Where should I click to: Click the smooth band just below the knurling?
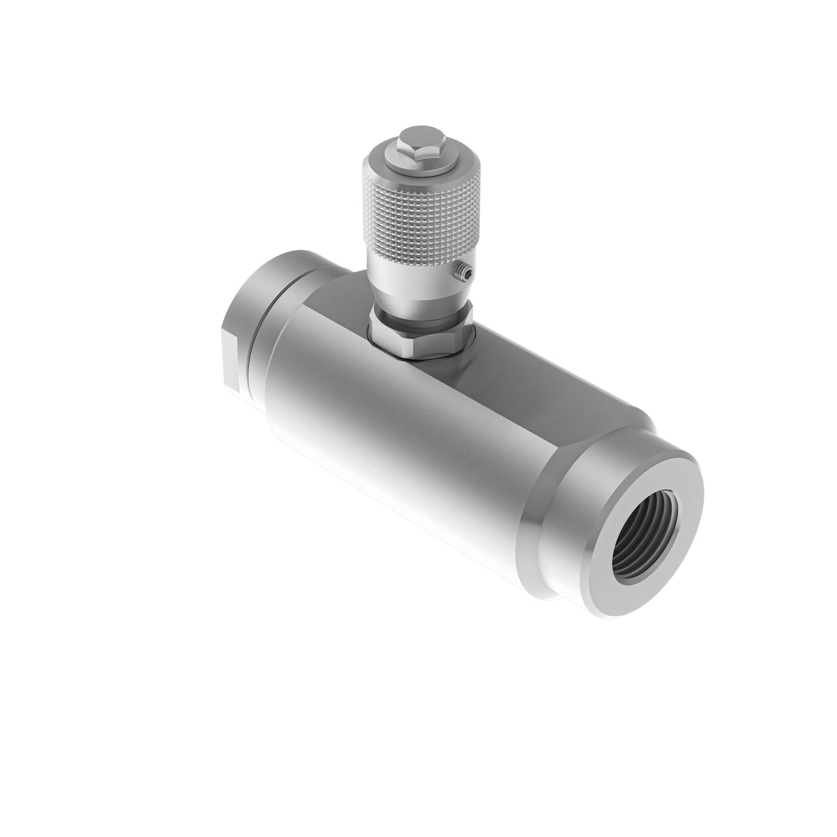(412, 269)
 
